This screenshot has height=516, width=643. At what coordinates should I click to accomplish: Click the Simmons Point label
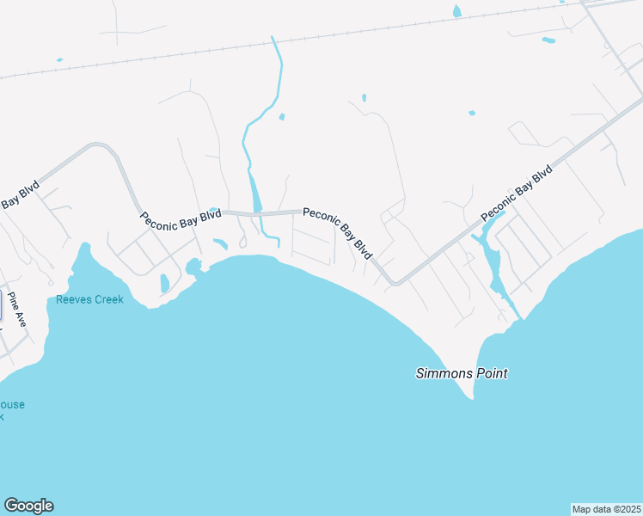coord(462,373)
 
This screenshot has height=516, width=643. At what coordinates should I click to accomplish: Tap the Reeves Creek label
coord(89,299)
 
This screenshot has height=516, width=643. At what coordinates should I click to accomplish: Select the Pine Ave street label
coord(17,310)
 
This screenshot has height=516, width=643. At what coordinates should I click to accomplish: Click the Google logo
coord(28,506)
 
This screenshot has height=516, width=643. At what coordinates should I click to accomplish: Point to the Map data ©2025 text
coord(606,508)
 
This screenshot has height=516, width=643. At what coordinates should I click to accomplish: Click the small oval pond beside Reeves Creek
coord(164,283)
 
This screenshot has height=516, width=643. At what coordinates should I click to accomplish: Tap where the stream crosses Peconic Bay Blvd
coord(256,212)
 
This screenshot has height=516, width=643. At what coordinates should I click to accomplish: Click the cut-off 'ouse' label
coord(12,404)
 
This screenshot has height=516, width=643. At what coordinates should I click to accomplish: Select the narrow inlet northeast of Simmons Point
coord(494,267)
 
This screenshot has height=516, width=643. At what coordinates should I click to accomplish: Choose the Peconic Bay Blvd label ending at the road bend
coord(339,232)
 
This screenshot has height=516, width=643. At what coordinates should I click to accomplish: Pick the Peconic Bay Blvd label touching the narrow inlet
coord(516,193)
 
